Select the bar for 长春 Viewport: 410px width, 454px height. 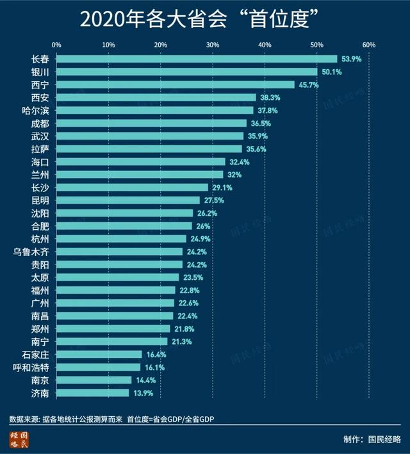click(x=197, y=59)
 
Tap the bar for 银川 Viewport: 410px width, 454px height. click(x=187, y=72)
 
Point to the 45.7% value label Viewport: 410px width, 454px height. click(x=308, y=85)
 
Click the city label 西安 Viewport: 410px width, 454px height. click(x=40, y=97)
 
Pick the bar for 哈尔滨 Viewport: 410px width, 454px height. click(x=155, y=110)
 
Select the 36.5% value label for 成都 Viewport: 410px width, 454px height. click(x=261, y=123)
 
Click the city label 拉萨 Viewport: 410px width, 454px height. click(x=40, y=149)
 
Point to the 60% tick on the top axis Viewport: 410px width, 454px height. click(x=368, y=45)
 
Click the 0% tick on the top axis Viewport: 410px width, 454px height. click(x=56, y=45)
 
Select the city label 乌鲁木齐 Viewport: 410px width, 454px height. click(x=31, y=251)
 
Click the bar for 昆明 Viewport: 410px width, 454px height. click(x=128, y=200)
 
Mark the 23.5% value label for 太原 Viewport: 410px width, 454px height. click(x=193, y=277)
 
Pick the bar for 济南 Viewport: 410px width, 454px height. click(x=93, y=393)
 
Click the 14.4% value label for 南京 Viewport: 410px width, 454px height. click(x=145, y=380)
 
